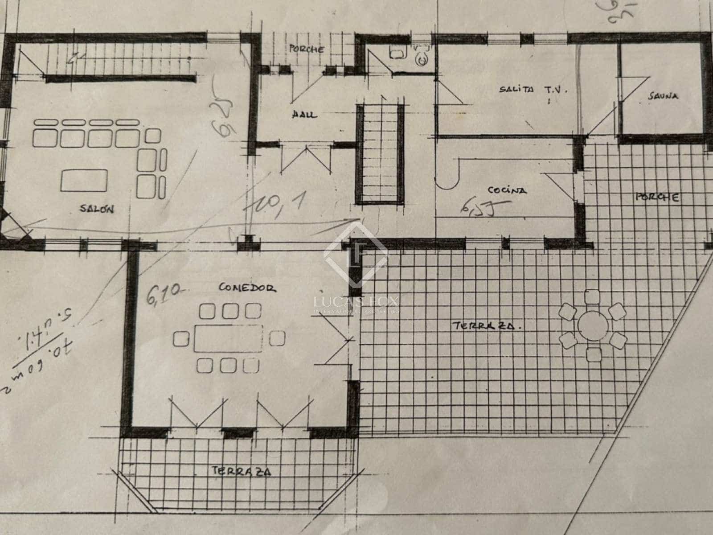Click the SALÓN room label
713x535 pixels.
(x=97, y=209)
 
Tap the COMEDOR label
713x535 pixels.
(x=247, y=288)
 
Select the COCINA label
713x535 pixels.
(x=507, y=190)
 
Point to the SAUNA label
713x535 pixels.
(x=663, y=95)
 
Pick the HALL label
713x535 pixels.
(x=305, y=115)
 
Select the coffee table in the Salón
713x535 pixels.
(x=84, y=181)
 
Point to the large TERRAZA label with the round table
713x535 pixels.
(x=487, y=326)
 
